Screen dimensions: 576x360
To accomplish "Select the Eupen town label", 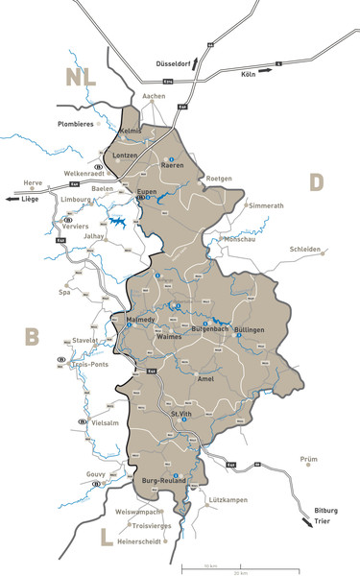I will [147, 192].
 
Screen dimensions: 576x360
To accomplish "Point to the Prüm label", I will [309, 459].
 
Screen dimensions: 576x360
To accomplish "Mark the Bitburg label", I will [326, 511].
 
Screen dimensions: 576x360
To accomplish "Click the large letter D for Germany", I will [317, 180].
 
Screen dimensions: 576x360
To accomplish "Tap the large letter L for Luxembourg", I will [108, 538].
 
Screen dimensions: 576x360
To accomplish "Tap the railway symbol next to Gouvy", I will [97, 485].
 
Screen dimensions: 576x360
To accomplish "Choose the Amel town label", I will [205, 378].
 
